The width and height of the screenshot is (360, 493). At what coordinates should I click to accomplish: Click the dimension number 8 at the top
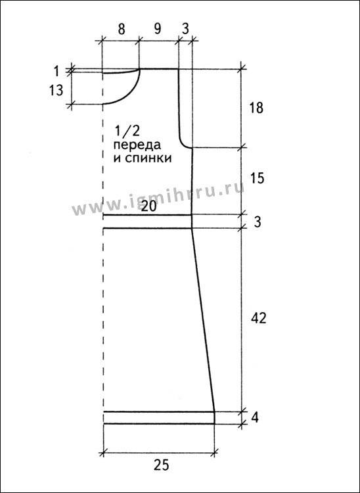point(122,29)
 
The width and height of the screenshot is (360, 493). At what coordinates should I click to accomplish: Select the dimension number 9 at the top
point(158,29)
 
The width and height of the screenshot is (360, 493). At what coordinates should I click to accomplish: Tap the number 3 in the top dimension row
point(185,29)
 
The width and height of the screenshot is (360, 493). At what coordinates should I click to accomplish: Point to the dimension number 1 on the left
point(56,72)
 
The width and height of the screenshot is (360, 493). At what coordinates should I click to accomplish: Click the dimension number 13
point(56,91)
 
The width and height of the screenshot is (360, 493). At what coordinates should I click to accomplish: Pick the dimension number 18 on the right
point(256,108)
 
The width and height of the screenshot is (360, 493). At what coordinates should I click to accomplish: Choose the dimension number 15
point(257,179)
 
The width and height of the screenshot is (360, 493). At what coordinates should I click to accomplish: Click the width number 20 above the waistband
point(149,207)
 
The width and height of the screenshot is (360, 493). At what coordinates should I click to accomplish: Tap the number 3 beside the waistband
point(256,222)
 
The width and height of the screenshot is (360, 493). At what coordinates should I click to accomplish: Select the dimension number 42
point(259,319)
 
